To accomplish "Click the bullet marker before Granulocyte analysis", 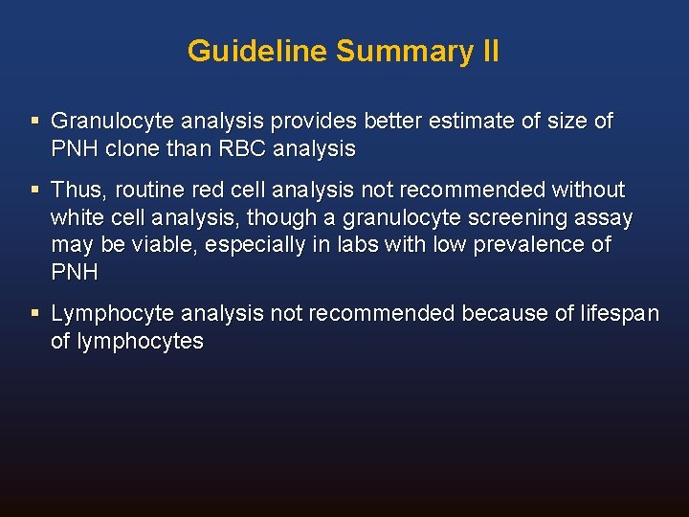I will (35, 122).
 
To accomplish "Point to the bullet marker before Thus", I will (35, 190).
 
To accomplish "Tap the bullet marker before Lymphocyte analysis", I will (35, 313).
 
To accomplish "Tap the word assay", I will (607, 217).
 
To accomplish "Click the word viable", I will (162, 244).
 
